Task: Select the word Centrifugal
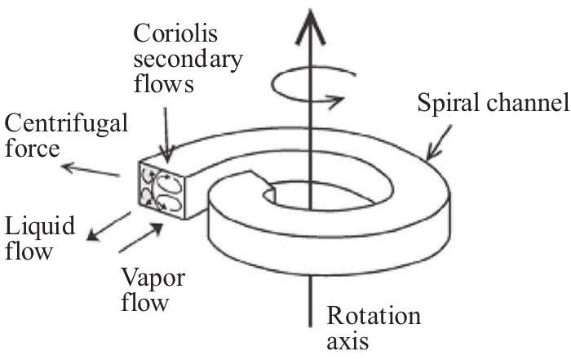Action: [x=66, y=125]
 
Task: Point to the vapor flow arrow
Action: [x=148, y=235]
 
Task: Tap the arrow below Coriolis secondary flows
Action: [x=166, y=130]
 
